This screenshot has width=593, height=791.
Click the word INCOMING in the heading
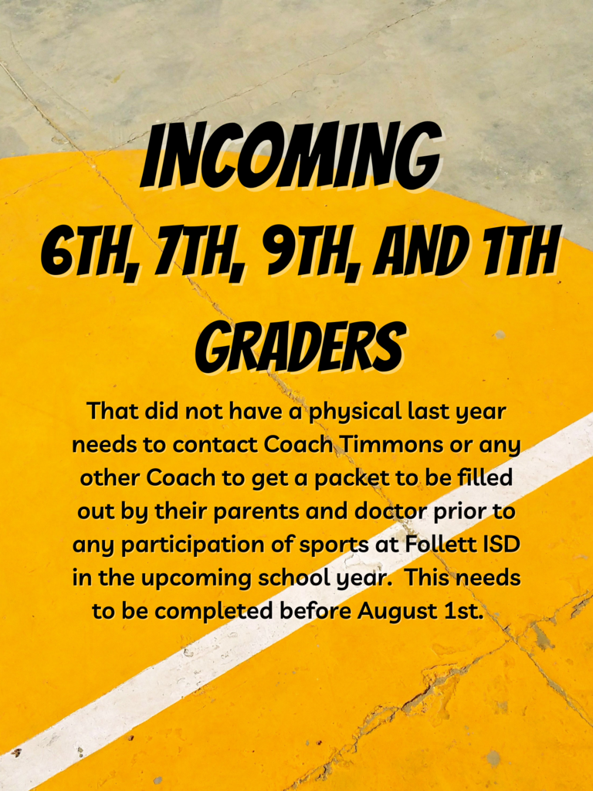coord(291,156)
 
